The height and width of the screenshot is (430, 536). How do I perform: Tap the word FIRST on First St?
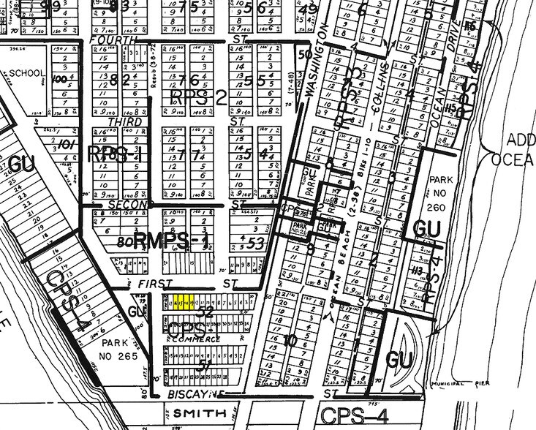[159, 283]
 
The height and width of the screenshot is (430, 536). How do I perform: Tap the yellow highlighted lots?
[184, 301]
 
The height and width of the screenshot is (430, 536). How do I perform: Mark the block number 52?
[205, 313]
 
